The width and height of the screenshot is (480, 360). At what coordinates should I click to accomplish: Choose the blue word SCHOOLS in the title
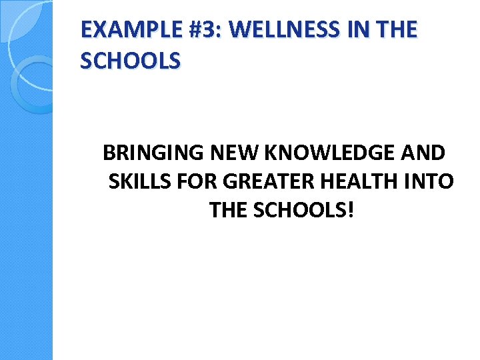130,61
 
